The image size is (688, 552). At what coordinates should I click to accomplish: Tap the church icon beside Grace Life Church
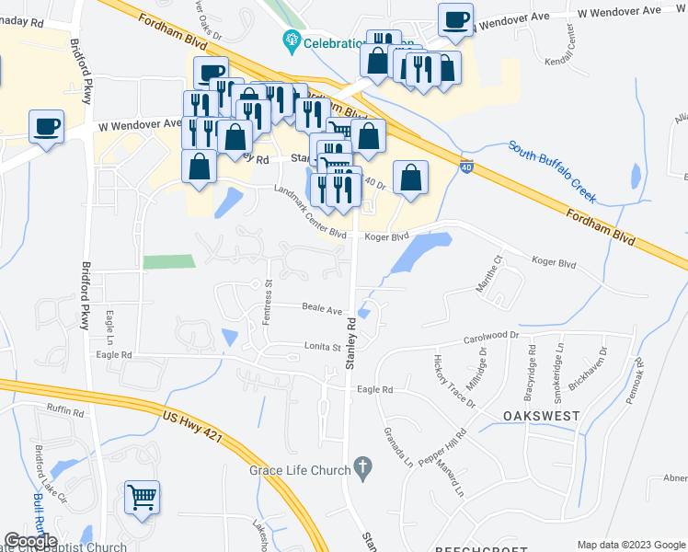(363, 469)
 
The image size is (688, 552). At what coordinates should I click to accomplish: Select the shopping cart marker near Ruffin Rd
(142, 498)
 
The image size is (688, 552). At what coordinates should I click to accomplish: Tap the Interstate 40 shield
(468, 167)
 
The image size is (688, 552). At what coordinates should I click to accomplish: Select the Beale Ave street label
(322, 309)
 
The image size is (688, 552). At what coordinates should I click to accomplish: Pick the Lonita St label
(323, 348)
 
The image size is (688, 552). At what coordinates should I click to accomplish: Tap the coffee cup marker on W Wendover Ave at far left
(47, 127)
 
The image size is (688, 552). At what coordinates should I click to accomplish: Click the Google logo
(30, 541)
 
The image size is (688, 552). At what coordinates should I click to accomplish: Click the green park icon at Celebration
(292, 40)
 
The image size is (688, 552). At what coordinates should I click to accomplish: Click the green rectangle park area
(169, 262)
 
